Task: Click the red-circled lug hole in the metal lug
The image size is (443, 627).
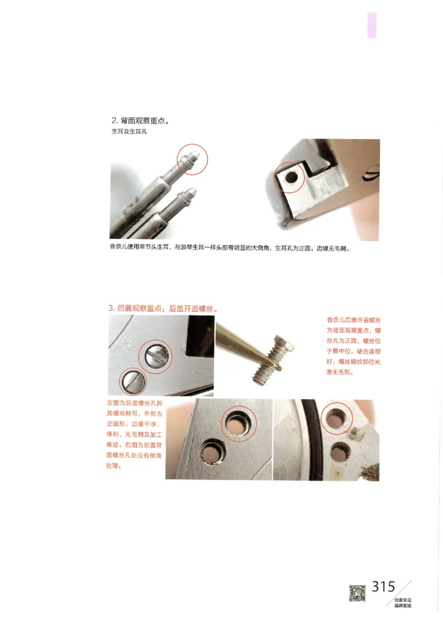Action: point(290,177)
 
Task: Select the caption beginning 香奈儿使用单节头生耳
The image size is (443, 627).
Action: point(231,248)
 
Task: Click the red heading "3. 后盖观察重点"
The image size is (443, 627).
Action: point(163,308)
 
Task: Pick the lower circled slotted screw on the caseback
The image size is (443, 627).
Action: point(133,381)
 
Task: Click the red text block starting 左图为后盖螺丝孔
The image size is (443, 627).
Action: point(133,434)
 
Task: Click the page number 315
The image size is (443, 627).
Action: point(383,587)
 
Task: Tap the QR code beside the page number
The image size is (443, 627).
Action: point(357,593)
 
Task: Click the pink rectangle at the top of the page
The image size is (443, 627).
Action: point(372,26)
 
